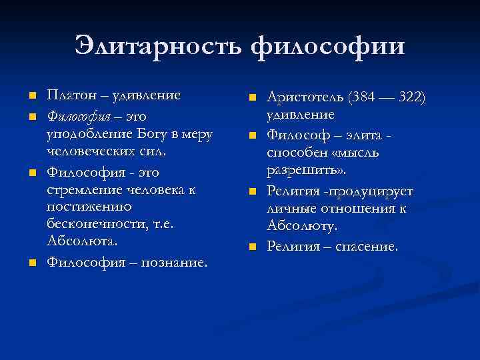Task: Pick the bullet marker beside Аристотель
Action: click(x=253, y=99)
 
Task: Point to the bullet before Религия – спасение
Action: click(x=253, y=248)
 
